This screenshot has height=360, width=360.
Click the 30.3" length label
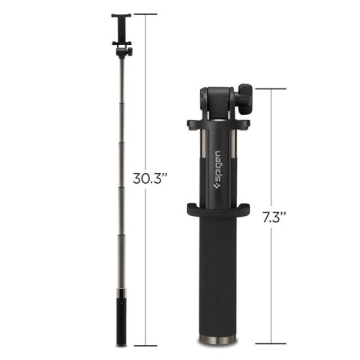coord(149,179)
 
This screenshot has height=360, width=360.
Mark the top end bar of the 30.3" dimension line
coord(145,14)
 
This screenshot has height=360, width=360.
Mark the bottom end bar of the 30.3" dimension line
coord(145,346)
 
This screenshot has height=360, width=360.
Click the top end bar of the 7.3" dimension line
coord(274,89)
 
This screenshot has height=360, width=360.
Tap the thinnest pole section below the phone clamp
coord(121,90)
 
